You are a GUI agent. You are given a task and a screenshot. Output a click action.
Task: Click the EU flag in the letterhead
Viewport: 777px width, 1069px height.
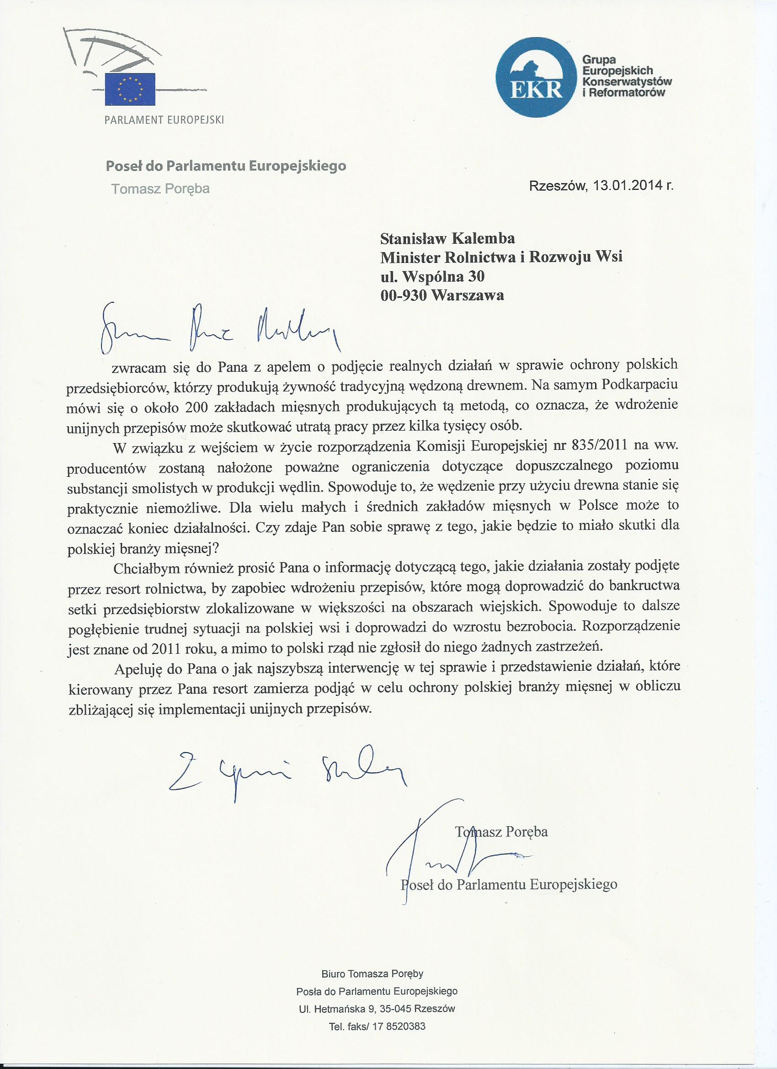pos(130,89)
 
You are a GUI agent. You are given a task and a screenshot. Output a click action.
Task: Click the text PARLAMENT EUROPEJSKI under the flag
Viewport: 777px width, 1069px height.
pos(164,120)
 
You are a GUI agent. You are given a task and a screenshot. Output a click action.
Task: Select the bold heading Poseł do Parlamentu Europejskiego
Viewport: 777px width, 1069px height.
pos(226,166)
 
